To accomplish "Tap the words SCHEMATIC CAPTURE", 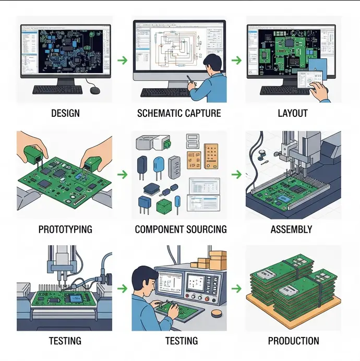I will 179,113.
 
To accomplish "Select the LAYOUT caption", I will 293,113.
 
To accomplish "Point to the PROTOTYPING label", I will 65,229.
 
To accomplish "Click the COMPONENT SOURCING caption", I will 181,229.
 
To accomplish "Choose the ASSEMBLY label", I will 292,229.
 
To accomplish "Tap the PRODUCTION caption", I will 293,341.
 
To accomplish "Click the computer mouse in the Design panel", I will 94,90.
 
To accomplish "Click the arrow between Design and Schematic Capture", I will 122,61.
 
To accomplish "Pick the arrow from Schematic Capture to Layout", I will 236,61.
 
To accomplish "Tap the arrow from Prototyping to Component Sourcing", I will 123,174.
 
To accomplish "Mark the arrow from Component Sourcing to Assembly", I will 236,174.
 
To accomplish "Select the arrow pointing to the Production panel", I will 236,288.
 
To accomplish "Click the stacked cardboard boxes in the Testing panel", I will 217,259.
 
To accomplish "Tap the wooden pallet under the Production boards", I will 292,318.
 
